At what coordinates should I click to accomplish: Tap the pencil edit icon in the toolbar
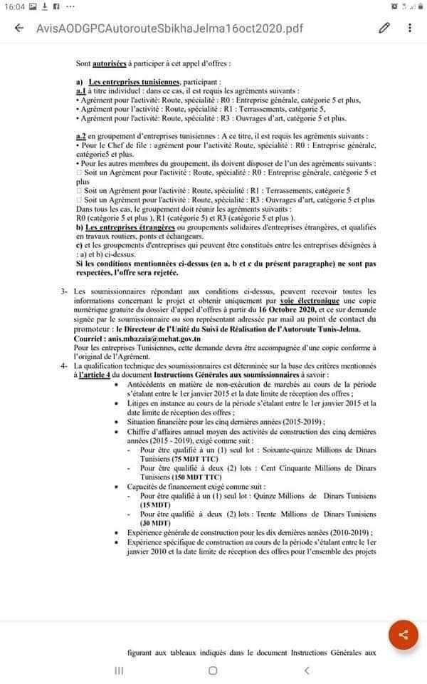click(384, 28)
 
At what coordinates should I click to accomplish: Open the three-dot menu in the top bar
click(410, 28)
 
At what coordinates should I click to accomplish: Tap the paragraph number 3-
click(63, 291)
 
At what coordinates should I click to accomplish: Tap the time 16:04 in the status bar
click(16, 6)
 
